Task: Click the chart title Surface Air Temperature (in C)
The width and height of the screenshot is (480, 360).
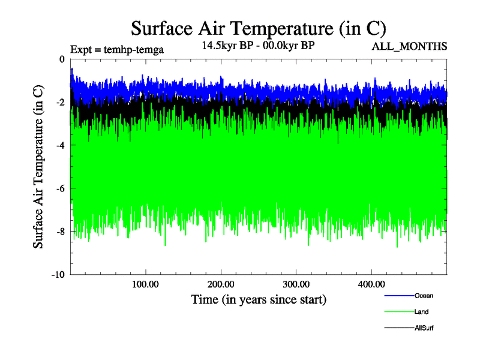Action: click(x=258, y=28)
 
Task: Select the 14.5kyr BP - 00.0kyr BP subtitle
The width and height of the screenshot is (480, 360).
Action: click(x=259, y=46)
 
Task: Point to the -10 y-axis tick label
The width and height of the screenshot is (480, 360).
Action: click(x=58, y=275)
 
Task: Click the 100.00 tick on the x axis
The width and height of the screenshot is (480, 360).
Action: click(x=146, y=284)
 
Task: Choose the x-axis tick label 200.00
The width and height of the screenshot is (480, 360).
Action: click(x=221, y=284)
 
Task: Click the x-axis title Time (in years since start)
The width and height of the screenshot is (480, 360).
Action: click(x=259, y=299)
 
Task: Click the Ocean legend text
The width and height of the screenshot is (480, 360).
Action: click(x=424, y=295)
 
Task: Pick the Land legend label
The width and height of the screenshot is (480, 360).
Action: click(x=421, y=312)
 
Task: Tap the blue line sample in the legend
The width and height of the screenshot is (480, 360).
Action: click(x=398, y=295)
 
